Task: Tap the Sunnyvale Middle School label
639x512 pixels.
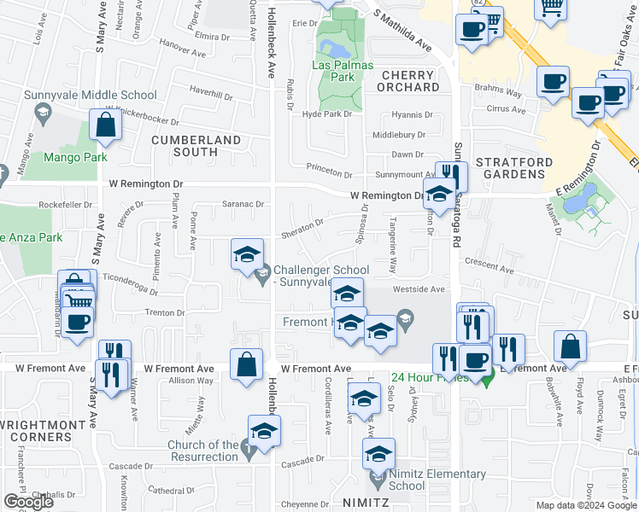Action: click(x=103, y=96)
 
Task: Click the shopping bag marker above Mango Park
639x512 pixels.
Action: click(x=105, y=125)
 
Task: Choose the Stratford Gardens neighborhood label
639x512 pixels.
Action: click(x=510, y=168)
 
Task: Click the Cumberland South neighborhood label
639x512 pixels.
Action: click(x=196, y=146)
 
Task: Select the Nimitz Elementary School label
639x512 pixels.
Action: click(x=437, y=480)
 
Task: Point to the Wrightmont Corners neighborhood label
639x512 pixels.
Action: click(x=36, y=430)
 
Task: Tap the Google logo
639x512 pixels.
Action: click(x=28, y=502)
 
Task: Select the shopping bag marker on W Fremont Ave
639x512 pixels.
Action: click(x=246, y=364)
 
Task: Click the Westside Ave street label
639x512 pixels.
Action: click(x=419, y=289)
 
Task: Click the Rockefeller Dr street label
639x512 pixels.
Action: click(x=66, y=205)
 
